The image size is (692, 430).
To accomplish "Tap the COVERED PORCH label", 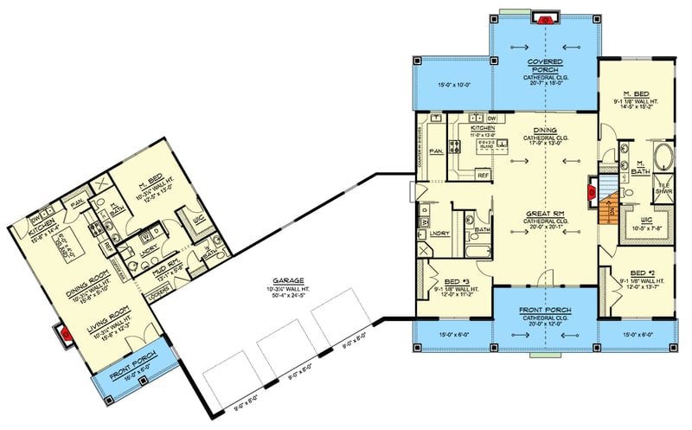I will click(545, 67).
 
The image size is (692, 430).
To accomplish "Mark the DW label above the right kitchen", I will click(491, 118).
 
